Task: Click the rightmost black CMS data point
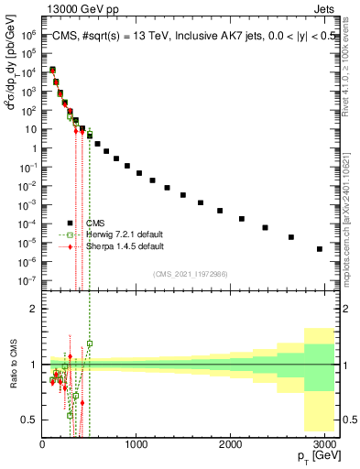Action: [x=320, y=248]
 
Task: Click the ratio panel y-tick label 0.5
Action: [x=30, y=420]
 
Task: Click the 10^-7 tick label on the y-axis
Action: [x=28, y=280]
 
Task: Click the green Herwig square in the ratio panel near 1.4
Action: [x=90, y=344]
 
